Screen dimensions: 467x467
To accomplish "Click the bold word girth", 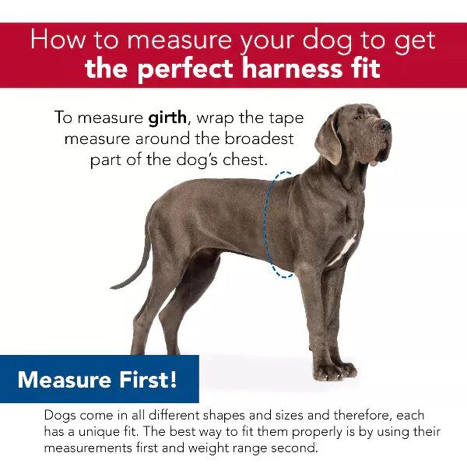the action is pos(167,118).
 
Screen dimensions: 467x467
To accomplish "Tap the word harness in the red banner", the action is pos(292,68).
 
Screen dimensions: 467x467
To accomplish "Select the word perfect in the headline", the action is pos(185,70).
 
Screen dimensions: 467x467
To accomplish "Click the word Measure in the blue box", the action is pos(64,380).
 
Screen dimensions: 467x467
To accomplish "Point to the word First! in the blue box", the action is pos(148,380).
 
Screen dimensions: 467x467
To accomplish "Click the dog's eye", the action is pos(357,118).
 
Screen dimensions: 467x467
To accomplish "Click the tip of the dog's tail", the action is pos(111,287).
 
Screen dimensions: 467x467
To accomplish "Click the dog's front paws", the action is pos(335,370).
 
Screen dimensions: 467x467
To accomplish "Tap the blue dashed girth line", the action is pos(266,223).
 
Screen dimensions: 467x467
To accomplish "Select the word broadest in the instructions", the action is pos(259,139).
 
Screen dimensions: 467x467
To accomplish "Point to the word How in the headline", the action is pos(58,40).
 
